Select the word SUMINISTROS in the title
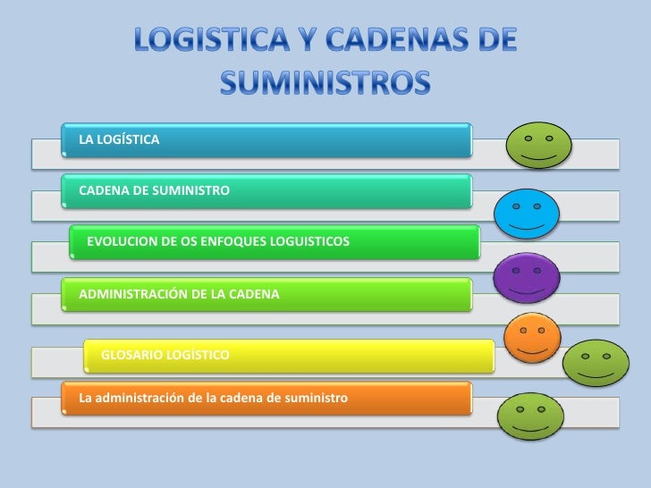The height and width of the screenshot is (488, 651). click(x=325, y=83)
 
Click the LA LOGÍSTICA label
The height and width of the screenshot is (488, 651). click(x=120, y=139)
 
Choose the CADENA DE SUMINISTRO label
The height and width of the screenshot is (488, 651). click(x=155, y=190)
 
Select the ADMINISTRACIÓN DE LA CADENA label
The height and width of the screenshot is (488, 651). click(x=180, y=293)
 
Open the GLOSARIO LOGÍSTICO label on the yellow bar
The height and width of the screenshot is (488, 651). click(x=165, y=356)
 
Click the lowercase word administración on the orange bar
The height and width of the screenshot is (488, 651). click(x=145, y=395)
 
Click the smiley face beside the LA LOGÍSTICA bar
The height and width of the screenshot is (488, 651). click(x=537, y=146)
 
